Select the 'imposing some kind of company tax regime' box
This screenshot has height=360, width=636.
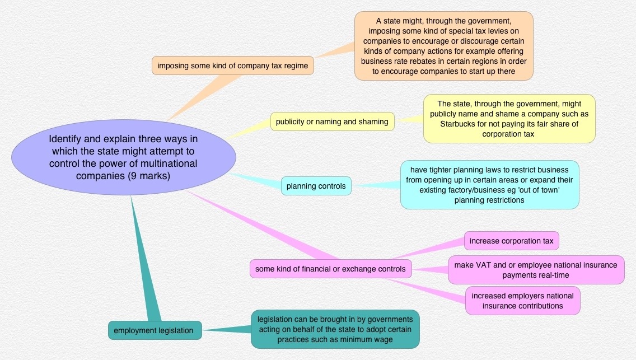click(232, 66)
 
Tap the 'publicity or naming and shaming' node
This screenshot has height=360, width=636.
click(332, 121)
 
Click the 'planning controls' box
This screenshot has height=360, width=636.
click(316, 186)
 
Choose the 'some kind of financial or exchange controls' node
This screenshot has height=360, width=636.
click(330, 269)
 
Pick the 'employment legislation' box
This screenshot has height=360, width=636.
click(153, 330)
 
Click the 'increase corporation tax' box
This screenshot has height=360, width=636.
click(511, 241)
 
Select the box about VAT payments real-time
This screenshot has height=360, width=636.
click(536, 270)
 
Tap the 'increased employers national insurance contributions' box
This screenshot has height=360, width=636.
click(522, 301)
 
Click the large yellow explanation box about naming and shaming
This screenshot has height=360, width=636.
click(509, 119)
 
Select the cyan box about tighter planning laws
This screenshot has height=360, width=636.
click(489, 185)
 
